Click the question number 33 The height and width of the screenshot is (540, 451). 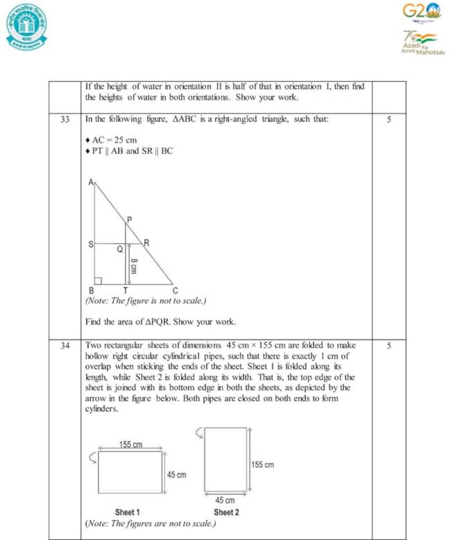click(x=65, y=119)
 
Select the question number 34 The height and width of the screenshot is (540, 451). click(x=65, y=346)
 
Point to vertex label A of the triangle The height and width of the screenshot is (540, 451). click(x=91, y=182)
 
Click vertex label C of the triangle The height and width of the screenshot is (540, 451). click(x=175, y=290)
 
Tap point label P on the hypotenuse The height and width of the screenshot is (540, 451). click(x=130, y=219)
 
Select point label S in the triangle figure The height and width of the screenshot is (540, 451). click(x=90, y=245)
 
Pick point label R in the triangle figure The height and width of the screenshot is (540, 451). click(x=147, y=243)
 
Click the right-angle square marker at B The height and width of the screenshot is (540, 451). click(x=98, y=281)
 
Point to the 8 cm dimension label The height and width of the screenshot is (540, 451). click(x=133, y=265)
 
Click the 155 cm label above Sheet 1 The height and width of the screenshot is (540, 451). click(x=131, y=445)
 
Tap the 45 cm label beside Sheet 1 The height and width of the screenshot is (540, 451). click(x=177, y=474)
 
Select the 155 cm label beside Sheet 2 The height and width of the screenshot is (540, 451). click(x=262, y=465)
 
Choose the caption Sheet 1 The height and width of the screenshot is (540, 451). click(x=127, y=512)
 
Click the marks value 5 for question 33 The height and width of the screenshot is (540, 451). click(x=389, y=119)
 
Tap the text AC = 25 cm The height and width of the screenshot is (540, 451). click(x=114, y=140)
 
